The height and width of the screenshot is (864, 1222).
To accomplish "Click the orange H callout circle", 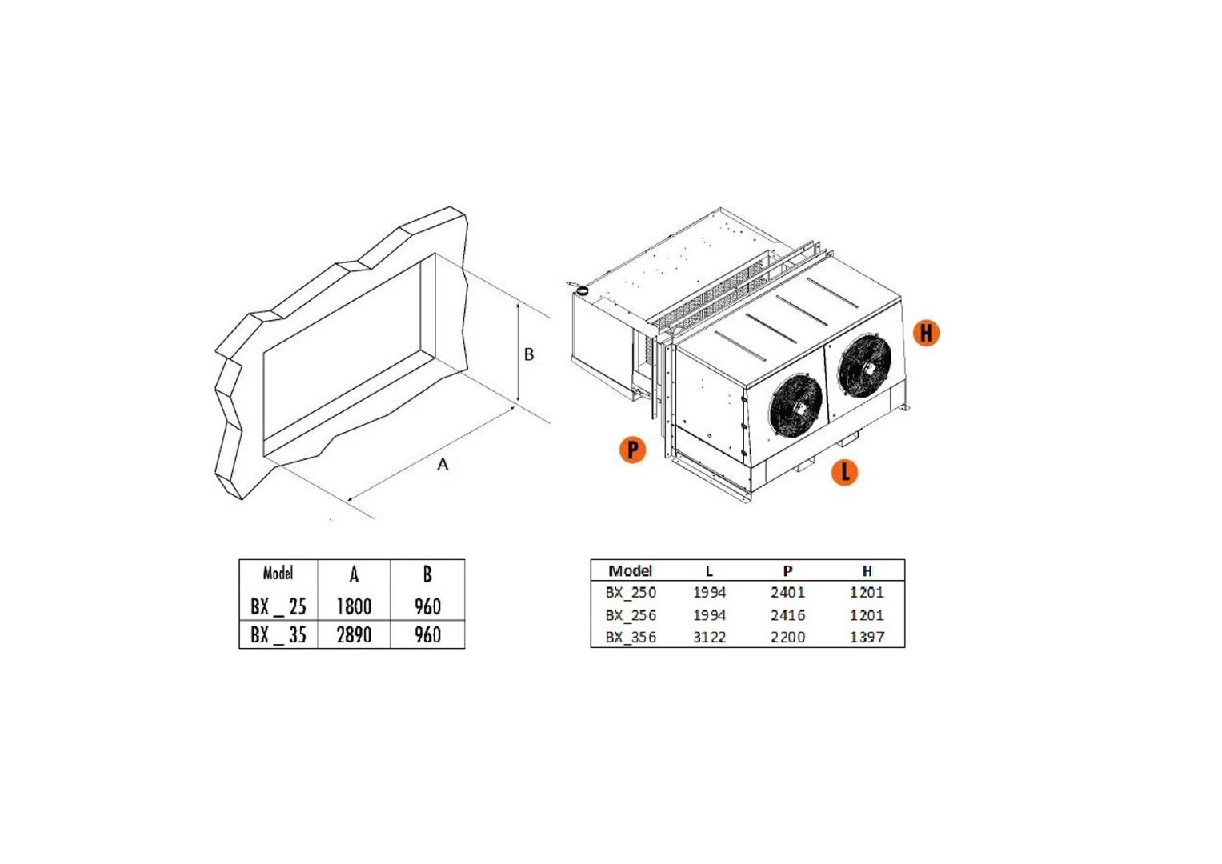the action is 926,332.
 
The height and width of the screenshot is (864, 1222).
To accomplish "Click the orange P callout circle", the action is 633,450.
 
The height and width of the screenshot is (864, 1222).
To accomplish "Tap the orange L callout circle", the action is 844,472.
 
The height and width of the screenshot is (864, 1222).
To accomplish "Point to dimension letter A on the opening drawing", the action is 443,465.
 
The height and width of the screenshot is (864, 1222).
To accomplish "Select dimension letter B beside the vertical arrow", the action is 529,354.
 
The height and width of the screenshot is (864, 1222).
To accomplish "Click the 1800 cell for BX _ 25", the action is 354,606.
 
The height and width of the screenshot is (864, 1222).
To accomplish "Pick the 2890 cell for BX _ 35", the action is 354,634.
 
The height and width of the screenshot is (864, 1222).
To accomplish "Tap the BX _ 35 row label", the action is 278,634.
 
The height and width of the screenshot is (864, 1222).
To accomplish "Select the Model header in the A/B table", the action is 278,573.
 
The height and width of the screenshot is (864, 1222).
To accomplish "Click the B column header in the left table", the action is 427,574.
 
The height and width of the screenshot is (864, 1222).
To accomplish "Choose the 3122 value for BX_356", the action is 709,637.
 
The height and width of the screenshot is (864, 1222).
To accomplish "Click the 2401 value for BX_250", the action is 787,592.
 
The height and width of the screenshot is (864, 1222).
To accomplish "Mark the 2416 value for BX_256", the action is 787,614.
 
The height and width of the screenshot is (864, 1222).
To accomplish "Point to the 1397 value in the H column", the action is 867,637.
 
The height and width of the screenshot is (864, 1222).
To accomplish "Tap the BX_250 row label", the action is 631,592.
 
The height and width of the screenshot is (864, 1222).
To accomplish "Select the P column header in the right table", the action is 787,570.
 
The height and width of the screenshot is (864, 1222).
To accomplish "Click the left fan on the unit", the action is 795,405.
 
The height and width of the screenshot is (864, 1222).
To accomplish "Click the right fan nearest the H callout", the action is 864,364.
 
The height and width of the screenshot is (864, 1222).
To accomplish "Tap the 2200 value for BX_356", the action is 787,637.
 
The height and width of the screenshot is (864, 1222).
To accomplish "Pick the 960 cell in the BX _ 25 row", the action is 427,606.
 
